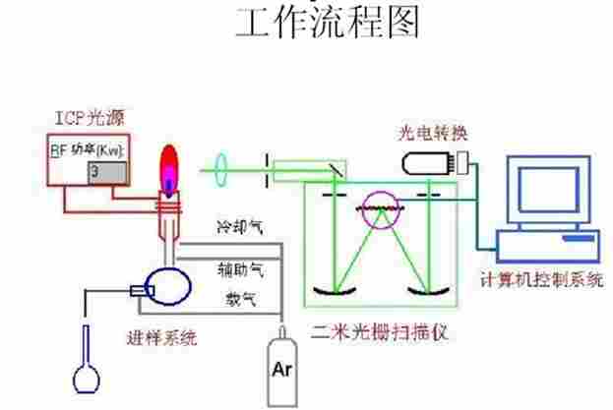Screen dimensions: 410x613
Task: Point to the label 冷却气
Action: coord(240,228)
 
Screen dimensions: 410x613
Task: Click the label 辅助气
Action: coord(240,266)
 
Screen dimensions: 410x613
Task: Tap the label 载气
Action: coord(236,296)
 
